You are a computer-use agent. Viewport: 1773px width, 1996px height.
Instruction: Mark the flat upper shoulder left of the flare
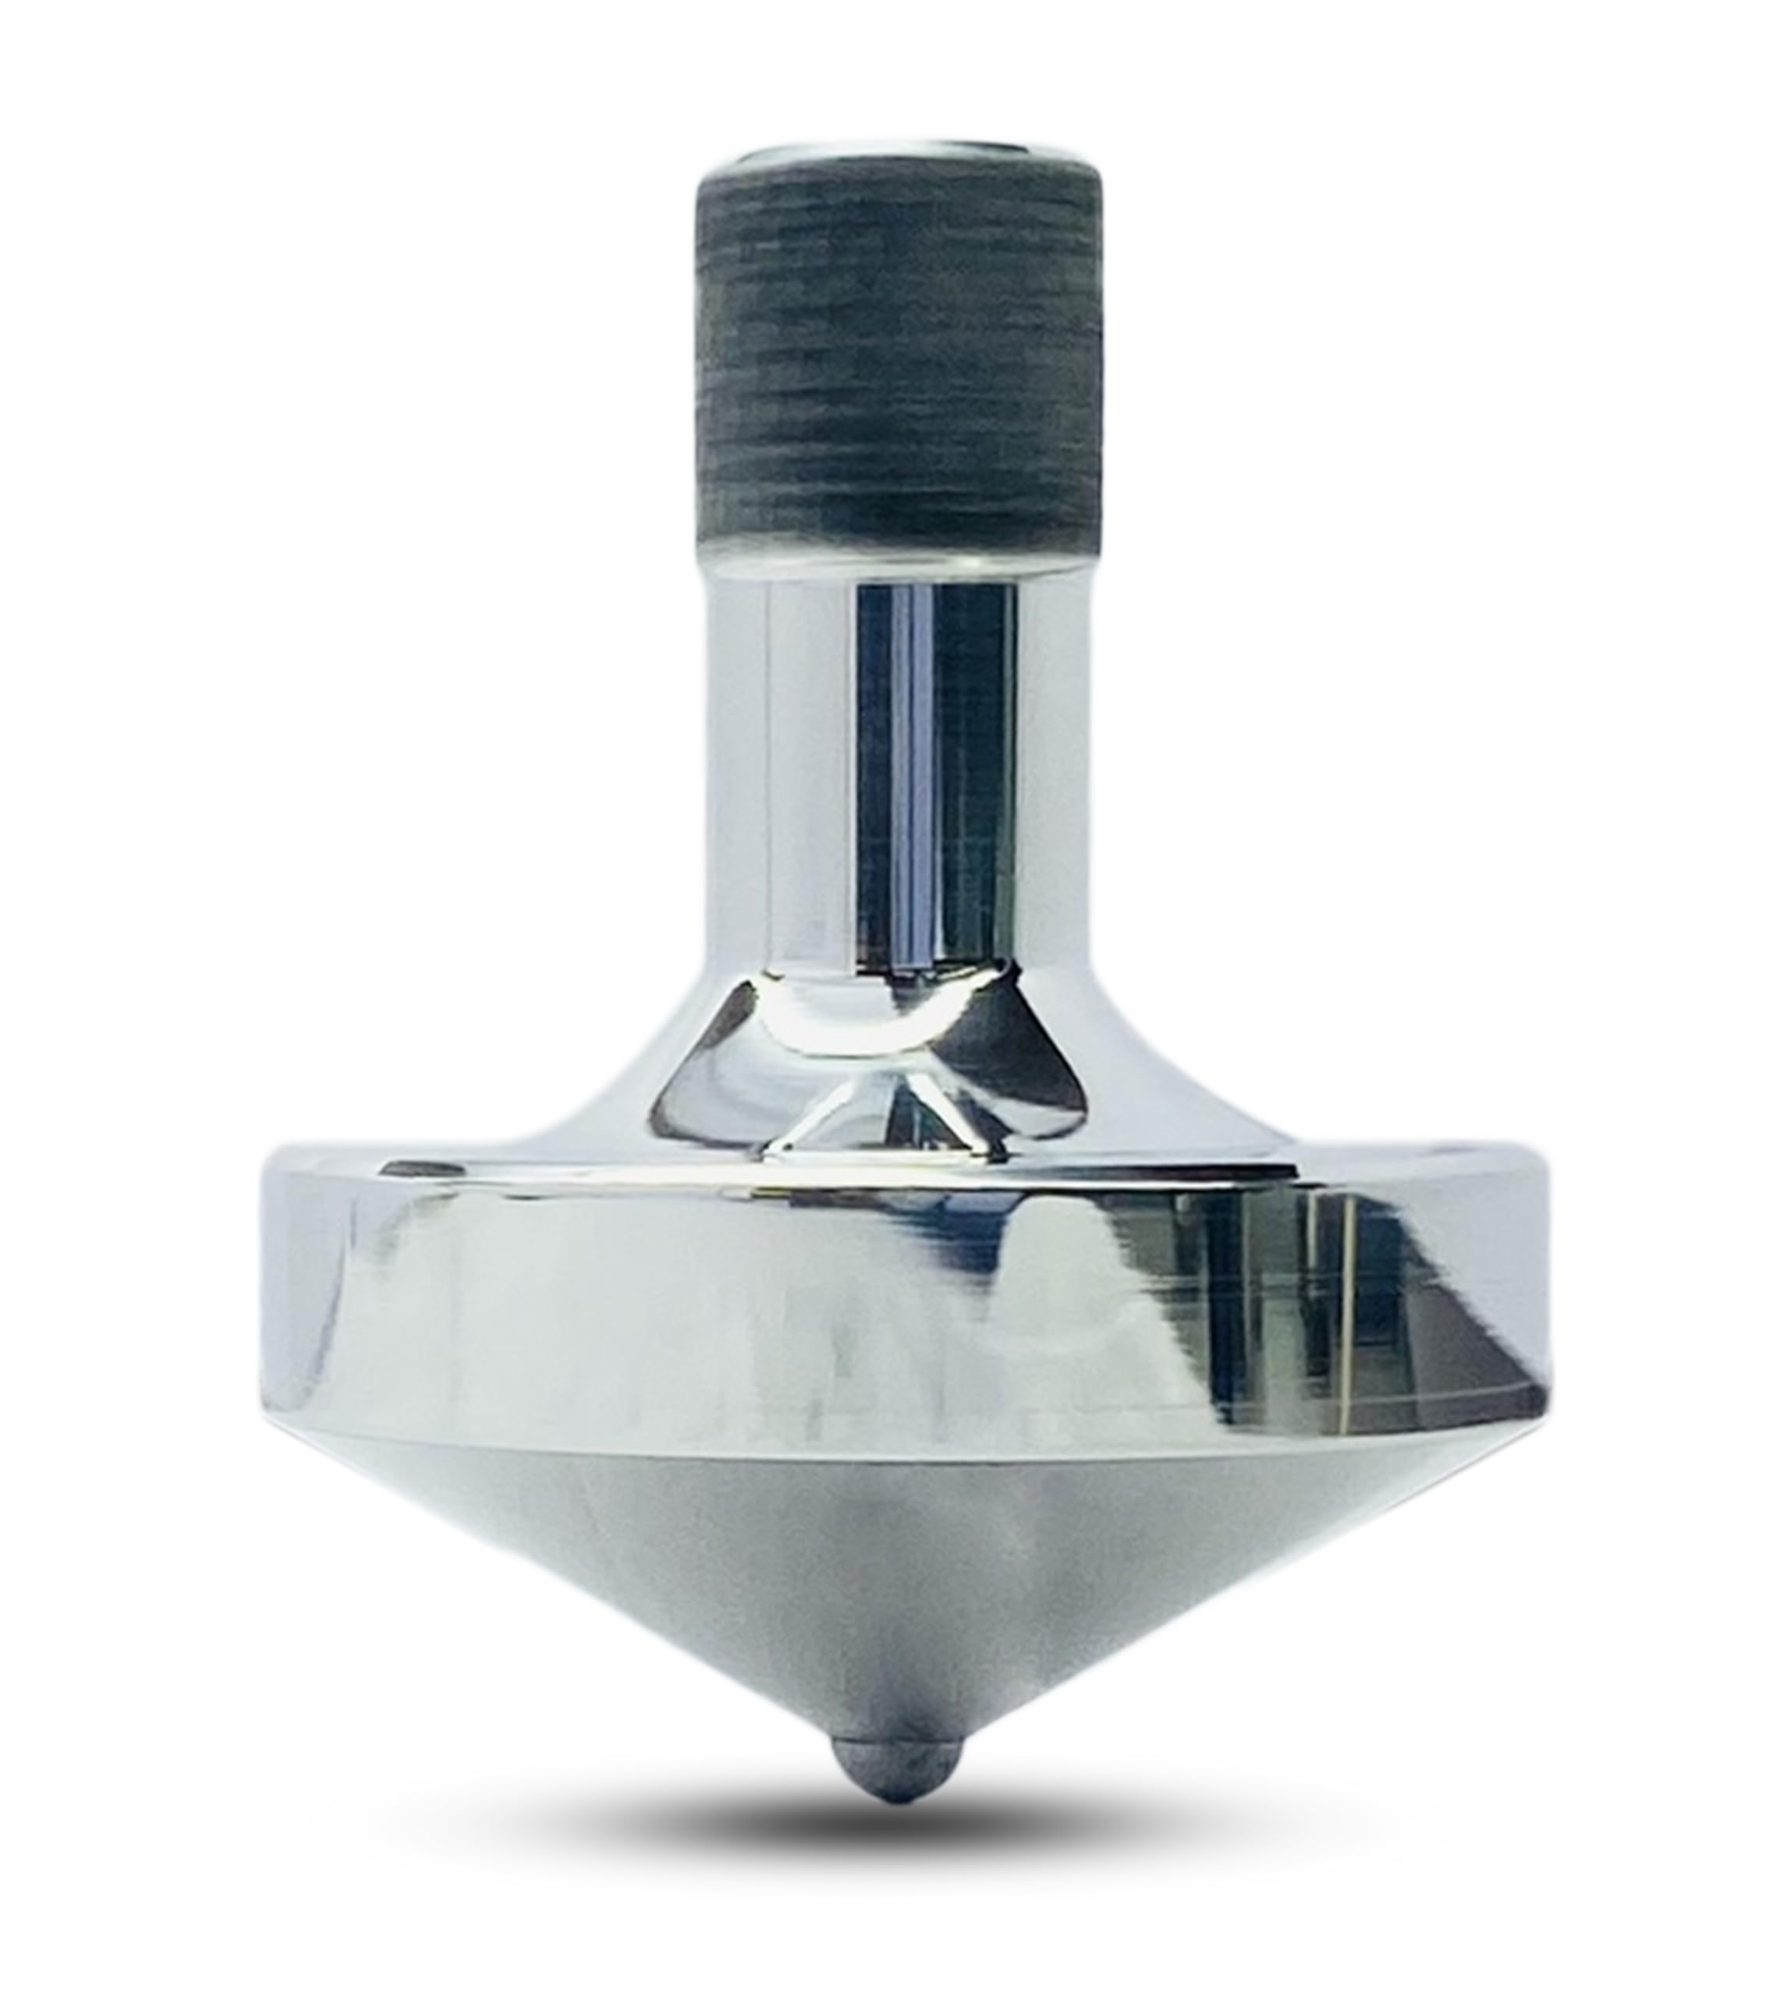(410, 1162)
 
